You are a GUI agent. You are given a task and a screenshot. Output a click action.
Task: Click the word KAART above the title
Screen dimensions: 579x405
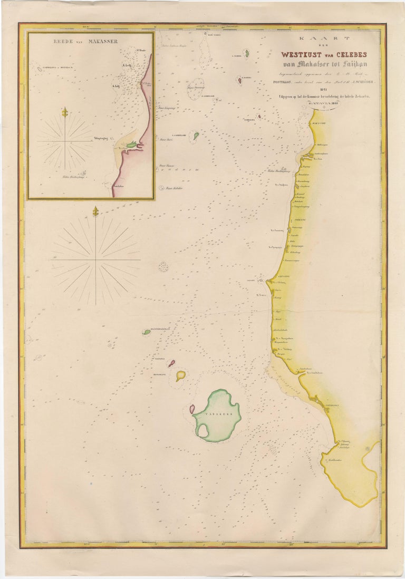[324, 39]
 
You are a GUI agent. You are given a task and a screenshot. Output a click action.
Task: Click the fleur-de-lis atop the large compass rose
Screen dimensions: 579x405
[95, 212]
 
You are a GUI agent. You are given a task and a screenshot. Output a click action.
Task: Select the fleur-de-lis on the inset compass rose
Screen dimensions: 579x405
[65, 112]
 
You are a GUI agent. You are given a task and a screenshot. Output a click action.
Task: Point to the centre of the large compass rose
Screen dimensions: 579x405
[95, 259]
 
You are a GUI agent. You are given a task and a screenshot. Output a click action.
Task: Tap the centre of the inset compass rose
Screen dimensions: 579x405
[65, 142]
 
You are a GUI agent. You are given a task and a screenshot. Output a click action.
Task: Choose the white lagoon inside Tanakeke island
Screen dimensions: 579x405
[202, 430]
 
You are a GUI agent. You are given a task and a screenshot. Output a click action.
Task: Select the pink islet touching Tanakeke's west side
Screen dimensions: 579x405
[192, 409]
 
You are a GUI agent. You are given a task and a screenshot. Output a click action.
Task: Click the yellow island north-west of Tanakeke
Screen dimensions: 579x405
[181, 375]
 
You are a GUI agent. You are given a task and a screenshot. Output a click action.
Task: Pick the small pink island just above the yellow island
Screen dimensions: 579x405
[171, 363]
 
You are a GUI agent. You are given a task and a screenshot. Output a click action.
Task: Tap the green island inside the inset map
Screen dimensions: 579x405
[131, 144]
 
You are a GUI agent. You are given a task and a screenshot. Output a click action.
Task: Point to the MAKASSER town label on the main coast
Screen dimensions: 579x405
[319, 122]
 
